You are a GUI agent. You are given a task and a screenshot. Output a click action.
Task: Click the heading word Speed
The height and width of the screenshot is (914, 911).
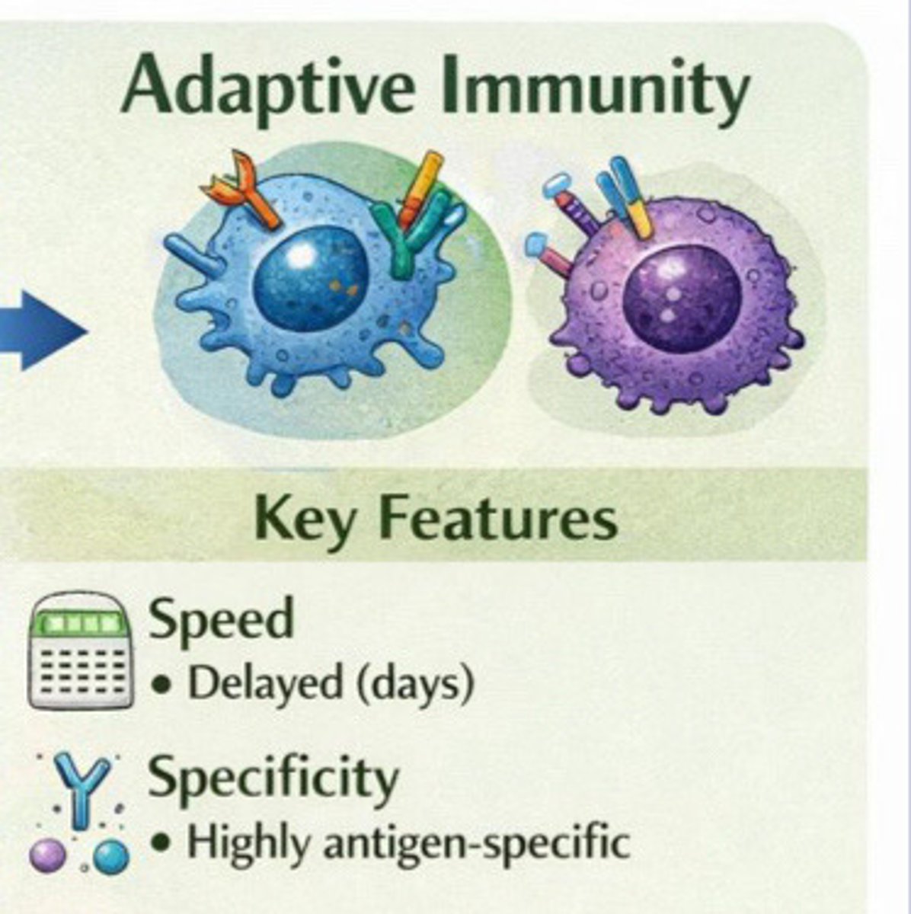(221, 618)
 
